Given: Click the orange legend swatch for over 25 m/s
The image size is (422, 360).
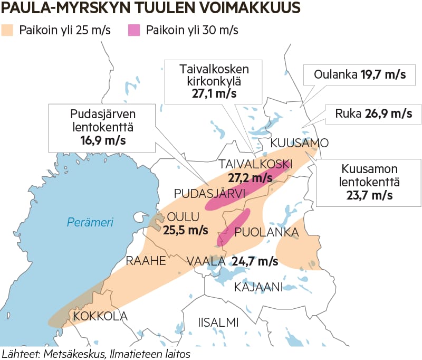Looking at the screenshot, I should point(8,30).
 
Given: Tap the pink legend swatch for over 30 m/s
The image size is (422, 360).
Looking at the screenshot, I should point(135,30).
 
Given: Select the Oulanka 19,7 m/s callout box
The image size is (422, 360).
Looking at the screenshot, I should point(359,74).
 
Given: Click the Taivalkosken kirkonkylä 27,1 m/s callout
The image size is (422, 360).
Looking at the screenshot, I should point(214,81).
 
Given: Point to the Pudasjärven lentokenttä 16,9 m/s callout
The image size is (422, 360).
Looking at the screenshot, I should point(102,127).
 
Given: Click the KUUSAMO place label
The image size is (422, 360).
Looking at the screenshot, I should point(300,143).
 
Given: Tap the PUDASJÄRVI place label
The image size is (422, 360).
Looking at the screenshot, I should point(210,193).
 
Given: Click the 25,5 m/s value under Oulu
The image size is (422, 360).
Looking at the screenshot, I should point(185,231).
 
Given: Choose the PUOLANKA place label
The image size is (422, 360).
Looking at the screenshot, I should point(267,232).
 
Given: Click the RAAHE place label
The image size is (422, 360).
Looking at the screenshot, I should point(146,261).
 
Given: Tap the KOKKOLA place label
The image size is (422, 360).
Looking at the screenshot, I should point(100,316).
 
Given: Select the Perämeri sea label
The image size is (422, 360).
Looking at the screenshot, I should point(90,222).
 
